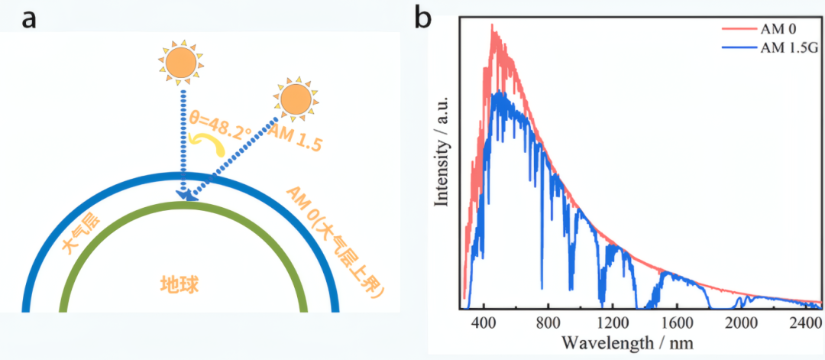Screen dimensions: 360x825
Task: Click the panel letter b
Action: (x=425, y=17)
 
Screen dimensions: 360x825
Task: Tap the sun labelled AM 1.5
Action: (x=295, y=101)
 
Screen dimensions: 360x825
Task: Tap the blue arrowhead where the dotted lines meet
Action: (x=185, y=198)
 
